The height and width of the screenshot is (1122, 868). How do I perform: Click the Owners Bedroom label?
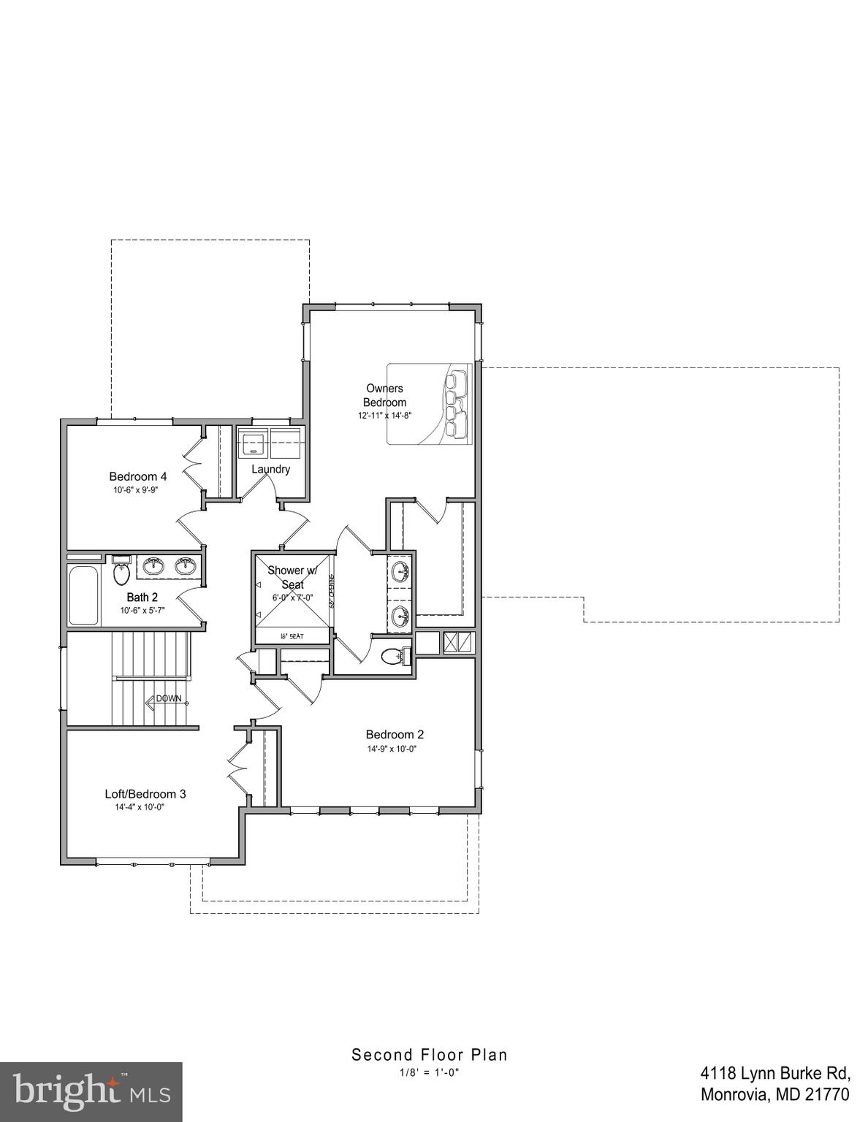point(384,395)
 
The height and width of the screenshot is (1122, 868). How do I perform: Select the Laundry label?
point(270,469)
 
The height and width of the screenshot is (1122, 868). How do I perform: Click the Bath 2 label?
point(142,597)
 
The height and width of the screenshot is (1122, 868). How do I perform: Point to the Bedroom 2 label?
point(395,734)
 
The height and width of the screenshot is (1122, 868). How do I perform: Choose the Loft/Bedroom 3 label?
point(145,793)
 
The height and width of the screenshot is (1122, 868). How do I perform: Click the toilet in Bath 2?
point(121,571)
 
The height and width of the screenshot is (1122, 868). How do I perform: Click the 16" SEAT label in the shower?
point(292,636)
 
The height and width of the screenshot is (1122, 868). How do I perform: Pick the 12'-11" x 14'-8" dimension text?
point(385,416)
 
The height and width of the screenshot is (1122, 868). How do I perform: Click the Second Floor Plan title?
point(430,1054)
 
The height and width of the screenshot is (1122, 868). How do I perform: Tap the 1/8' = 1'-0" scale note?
point(429,1072)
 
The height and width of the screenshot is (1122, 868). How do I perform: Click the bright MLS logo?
point(91,1091)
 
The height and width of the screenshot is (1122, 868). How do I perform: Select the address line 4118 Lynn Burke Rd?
point(775,1073)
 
